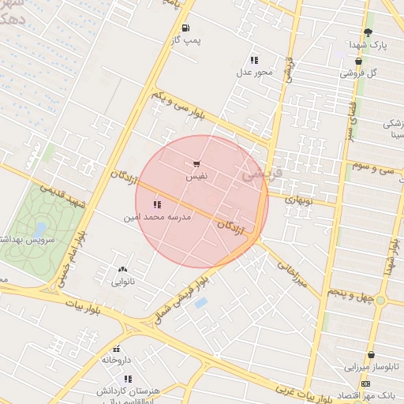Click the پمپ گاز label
click(187, 39)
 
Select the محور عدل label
click(254, 73)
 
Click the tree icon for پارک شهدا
click(368, 32)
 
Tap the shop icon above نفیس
click(196, 165)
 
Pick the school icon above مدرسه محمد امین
click(157, 204)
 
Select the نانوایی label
click(122, 281)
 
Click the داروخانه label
click(114, 360)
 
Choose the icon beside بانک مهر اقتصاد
click(365, 383)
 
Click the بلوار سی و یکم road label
click(180, 107)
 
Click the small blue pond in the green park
click(39, 229)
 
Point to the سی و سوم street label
click(373, 168)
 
